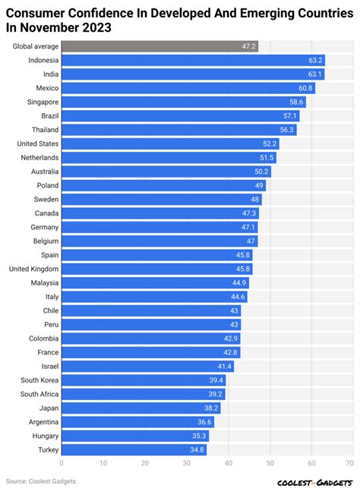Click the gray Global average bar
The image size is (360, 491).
click(x=159, y=46)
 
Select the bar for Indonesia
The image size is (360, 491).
click(x=193, y=60)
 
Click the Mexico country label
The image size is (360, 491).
click(x=44, y=88)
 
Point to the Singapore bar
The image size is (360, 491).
click(x=183, y=102)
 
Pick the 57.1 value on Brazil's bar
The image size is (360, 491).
click(x=290, y=116)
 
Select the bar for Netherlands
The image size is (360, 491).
click(x=169, y=157)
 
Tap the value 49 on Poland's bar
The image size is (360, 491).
click(x=259, y=185)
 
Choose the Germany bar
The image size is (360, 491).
click(x=159, y=227)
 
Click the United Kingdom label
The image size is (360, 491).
click(x=33, y=269)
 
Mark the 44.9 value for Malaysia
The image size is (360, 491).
click(x=238, y=283)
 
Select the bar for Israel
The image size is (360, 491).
click(x=147, y=367)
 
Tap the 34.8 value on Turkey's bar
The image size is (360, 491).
click(x=197, y=450)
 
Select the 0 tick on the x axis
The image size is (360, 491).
click(x=62, y=462)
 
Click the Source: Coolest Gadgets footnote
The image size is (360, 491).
click(x=41, y=481)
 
